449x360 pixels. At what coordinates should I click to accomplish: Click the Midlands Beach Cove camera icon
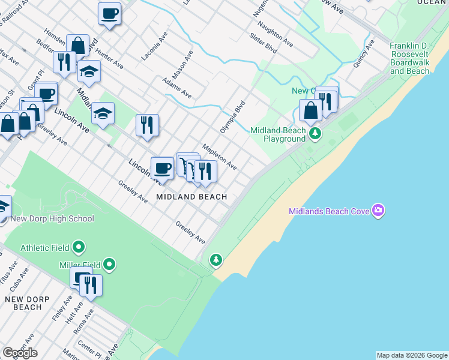pyautogui.click(x=379, y=211)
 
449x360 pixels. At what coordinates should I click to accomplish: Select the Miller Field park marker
pyautogui.click(x=109, y=264)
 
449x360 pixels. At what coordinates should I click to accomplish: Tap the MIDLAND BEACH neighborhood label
pyautogui.click(x=191, y=197)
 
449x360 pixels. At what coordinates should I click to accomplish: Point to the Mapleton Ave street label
pyautogui.click(x=219, y=155)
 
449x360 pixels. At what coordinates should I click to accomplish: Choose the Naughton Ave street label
pyautogui.click(x=275, y=35)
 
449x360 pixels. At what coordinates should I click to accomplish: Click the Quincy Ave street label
pyautogui.click(x=364, y=53)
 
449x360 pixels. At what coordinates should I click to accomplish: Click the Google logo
pyautogui.click(x=20, y=353)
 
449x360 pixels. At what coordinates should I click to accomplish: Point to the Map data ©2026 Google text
pyautogui.click(x=412, y=355)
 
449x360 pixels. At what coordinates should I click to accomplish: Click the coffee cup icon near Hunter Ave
pyautogui.click(x=109, y=13)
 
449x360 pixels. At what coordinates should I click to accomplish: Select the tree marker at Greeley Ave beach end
pyautogui.click(x=215, y=260)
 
